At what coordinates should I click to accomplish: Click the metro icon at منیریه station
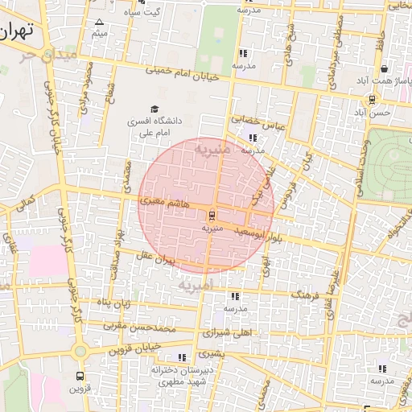click(x=212, y=216)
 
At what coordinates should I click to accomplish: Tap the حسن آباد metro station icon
click(x=372, y=100)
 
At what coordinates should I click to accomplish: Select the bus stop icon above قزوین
click(x=79, y=376)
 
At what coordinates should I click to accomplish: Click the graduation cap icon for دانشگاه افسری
click(x=154, y=109)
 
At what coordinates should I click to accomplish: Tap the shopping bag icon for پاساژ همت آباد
click(x=385, y=70)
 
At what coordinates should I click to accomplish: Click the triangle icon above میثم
click(x=99, y=22)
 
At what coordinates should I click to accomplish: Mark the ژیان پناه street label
click(x=114, y=303)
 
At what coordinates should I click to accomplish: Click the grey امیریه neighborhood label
click(x=194, y=285)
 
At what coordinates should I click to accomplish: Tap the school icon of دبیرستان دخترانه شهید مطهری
click(x=181, y=357)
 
